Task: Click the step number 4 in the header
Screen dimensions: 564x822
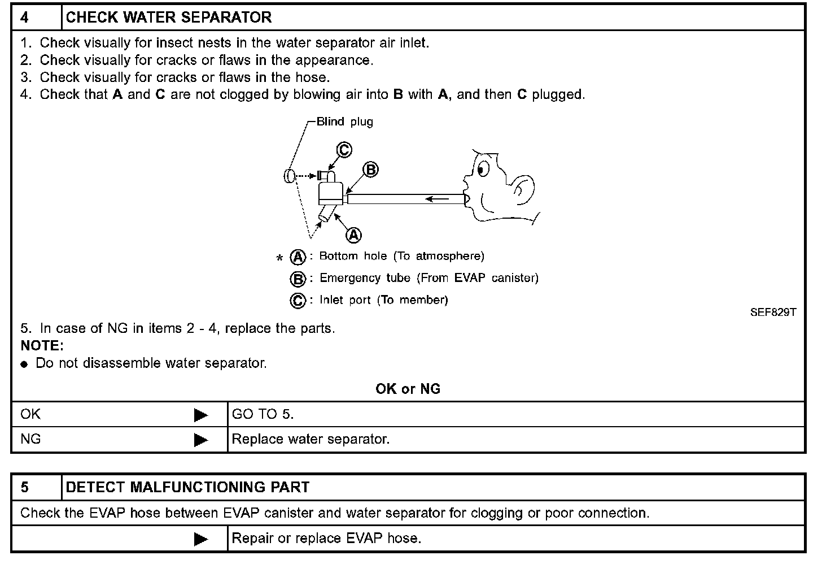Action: click(x=25, y=18)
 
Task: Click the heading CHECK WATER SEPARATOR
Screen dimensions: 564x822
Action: click(x=169, y=18)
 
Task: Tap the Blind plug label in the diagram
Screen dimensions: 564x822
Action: click(x=344, y=122)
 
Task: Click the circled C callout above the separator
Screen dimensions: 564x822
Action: click(x=344, y=150)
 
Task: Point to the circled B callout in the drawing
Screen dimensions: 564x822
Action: click(x=370, y=170)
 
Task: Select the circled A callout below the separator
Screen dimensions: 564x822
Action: click(x=353, y=235)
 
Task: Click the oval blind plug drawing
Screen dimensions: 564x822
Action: click(x=290, y=176)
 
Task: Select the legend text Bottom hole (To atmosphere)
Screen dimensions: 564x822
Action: click(x=401, y=256)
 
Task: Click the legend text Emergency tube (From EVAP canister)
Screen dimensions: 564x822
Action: click(x=429, y=278)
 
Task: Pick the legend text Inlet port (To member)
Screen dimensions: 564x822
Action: click(x=383, y=300)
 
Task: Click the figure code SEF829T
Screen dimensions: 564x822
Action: click(x=773, y=312)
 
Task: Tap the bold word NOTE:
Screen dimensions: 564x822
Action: click(x=42, y=345)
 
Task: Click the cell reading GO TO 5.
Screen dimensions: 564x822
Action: click(x=263, y=414)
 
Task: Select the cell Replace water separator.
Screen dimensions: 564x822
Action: click(x=311, y=439)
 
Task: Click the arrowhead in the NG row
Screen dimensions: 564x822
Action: click(x=200, y=440)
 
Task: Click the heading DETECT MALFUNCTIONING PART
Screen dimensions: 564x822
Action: click(x=187, y=487)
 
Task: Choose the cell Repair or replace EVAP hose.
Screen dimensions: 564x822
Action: click(x=326, y=538)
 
